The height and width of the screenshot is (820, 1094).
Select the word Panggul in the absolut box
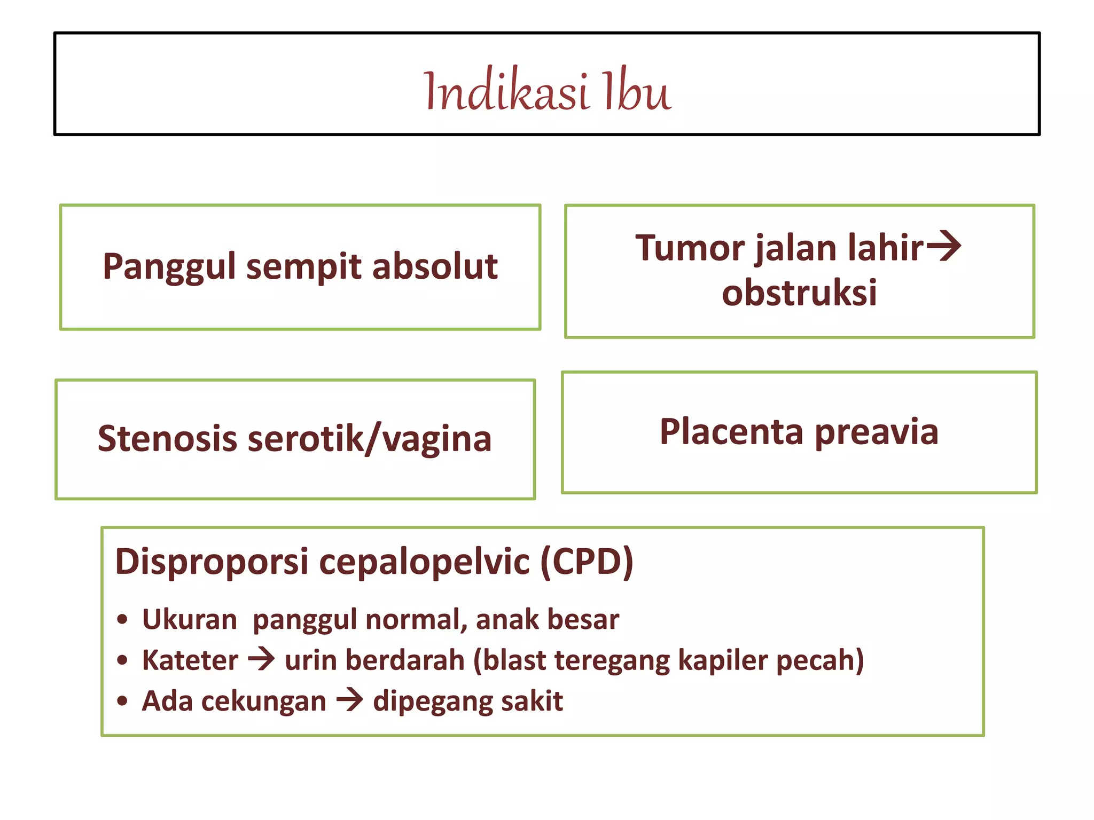[169, 267]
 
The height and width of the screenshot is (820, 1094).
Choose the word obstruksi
[799, 293]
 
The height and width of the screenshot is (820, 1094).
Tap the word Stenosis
[167, 438]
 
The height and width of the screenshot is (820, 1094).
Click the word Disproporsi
[212, 562]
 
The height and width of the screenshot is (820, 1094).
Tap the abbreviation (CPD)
[587, 562]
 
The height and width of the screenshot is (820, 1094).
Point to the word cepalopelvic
[424, 562]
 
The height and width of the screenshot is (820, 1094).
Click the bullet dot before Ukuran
[123, 620]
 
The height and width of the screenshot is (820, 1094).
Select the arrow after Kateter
[262, 659]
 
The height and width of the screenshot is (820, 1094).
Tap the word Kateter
[190, 660]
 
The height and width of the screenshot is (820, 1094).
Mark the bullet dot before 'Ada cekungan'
[123, 701]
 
